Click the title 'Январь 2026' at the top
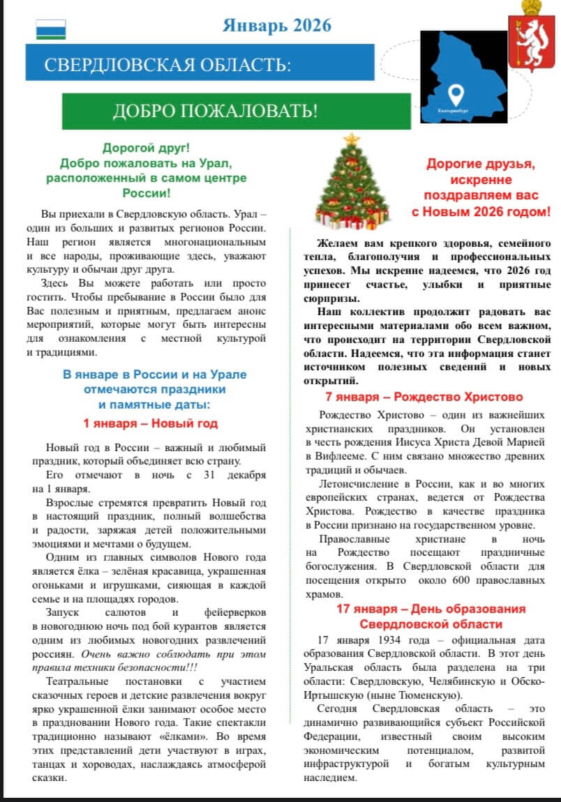277,26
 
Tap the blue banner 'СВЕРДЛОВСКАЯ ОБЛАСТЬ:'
167,66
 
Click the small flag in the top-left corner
50,29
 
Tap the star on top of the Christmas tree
351,139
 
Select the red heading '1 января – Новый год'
150,423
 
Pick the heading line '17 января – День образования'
431,608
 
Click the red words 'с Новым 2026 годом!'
481,210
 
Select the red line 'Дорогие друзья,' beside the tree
481,164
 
